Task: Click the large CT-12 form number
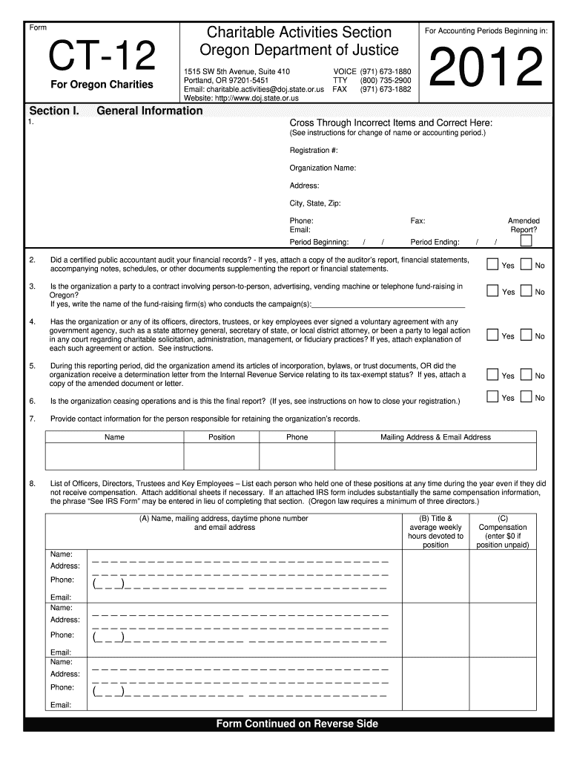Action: click(x=102, y=56)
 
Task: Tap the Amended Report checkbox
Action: click(x=526, y=240)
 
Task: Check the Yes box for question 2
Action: click(x=492, y=264)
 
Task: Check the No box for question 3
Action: click(x=527, y=290)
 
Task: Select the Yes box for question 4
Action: click(x=492, y=335)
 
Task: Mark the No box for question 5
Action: click(x=527, y=374)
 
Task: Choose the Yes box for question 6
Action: click(x=492, y=396)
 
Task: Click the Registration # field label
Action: click(x=314, y=151)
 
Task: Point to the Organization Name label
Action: click(x=323, y=168)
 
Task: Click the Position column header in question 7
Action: click(x=222, y=437)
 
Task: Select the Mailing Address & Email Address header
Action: click(x=435, y=437)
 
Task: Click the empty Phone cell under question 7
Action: click(x=297, y=456)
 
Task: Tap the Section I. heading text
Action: click(x=53, y=111)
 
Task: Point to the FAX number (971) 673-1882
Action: click(x=385, y=88)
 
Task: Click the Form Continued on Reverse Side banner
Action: click(x=297, y=724)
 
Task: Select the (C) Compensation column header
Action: click(x=503, y=531)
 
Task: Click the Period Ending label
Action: click(x=435, y=242)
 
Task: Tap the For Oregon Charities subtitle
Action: click(x=102, y=85)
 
